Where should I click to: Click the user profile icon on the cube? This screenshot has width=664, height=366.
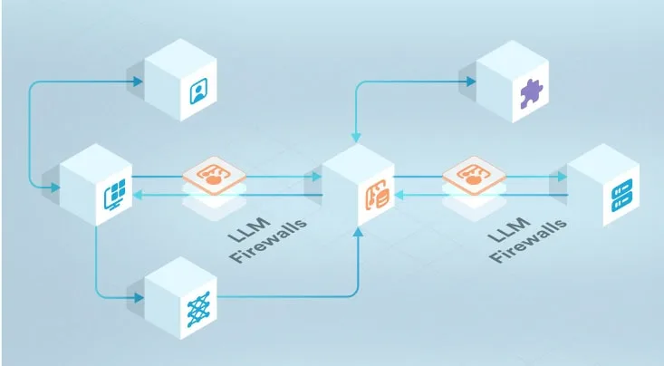(x=197, y=93)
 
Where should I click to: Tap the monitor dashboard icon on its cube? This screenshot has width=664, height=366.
(x=116, y=195)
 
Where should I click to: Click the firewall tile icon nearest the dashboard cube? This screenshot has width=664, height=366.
(x=213, y=176)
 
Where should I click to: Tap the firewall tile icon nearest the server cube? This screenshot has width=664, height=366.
(x=472, y=175)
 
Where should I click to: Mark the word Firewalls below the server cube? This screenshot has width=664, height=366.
(x=529, y=241)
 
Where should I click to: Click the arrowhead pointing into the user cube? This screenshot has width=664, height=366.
(x=138, y=82)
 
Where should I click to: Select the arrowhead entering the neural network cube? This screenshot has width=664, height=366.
(x=138, y=296)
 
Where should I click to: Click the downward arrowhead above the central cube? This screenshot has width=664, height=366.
(x=355, y=138)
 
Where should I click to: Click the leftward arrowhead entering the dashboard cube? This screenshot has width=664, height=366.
(x=140, y=195)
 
